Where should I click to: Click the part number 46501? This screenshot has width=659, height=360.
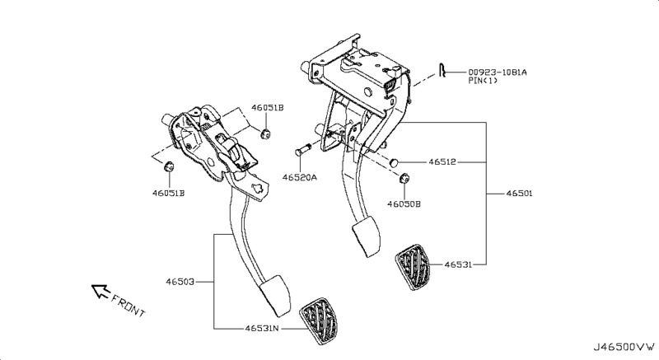[519, 194]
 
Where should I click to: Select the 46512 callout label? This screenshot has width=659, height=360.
[442, 161]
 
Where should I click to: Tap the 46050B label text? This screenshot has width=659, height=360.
[404, 204]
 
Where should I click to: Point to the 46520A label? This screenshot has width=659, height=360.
[300, 178]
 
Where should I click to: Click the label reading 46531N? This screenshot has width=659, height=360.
[262, 328]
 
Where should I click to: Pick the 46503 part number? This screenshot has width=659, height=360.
[180, 282]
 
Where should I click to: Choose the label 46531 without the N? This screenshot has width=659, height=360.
[458, 264]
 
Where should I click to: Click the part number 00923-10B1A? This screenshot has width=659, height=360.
[498, 72]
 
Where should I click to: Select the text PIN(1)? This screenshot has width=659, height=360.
[483, 80]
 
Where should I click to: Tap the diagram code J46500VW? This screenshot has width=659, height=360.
[624, 347]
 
